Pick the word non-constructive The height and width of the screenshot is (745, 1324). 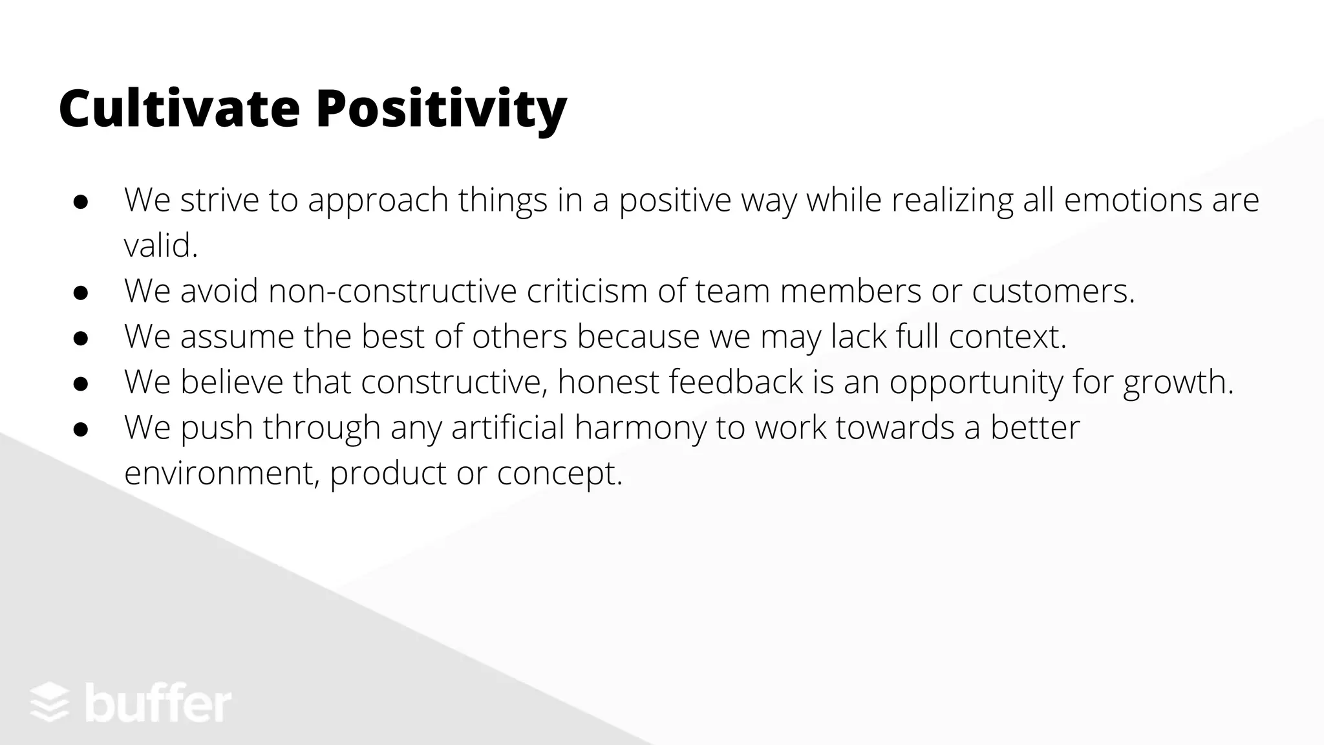(x=392, y=290)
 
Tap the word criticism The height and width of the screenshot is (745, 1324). (x=587, y=290)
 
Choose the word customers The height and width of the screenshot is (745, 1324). (x=1053, y=292)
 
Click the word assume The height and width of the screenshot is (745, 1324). (x=237, y=336)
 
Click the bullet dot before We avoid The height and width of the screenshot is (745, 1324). (x=81, y=293)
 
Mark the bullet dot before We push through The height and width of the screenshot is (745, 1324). (x=81, y=429)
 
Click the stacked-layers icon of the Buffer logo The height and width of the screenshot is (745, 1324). (x=50, y=703)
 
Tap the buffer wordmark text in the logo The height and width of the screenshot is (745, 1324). (x=158, y=702)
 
